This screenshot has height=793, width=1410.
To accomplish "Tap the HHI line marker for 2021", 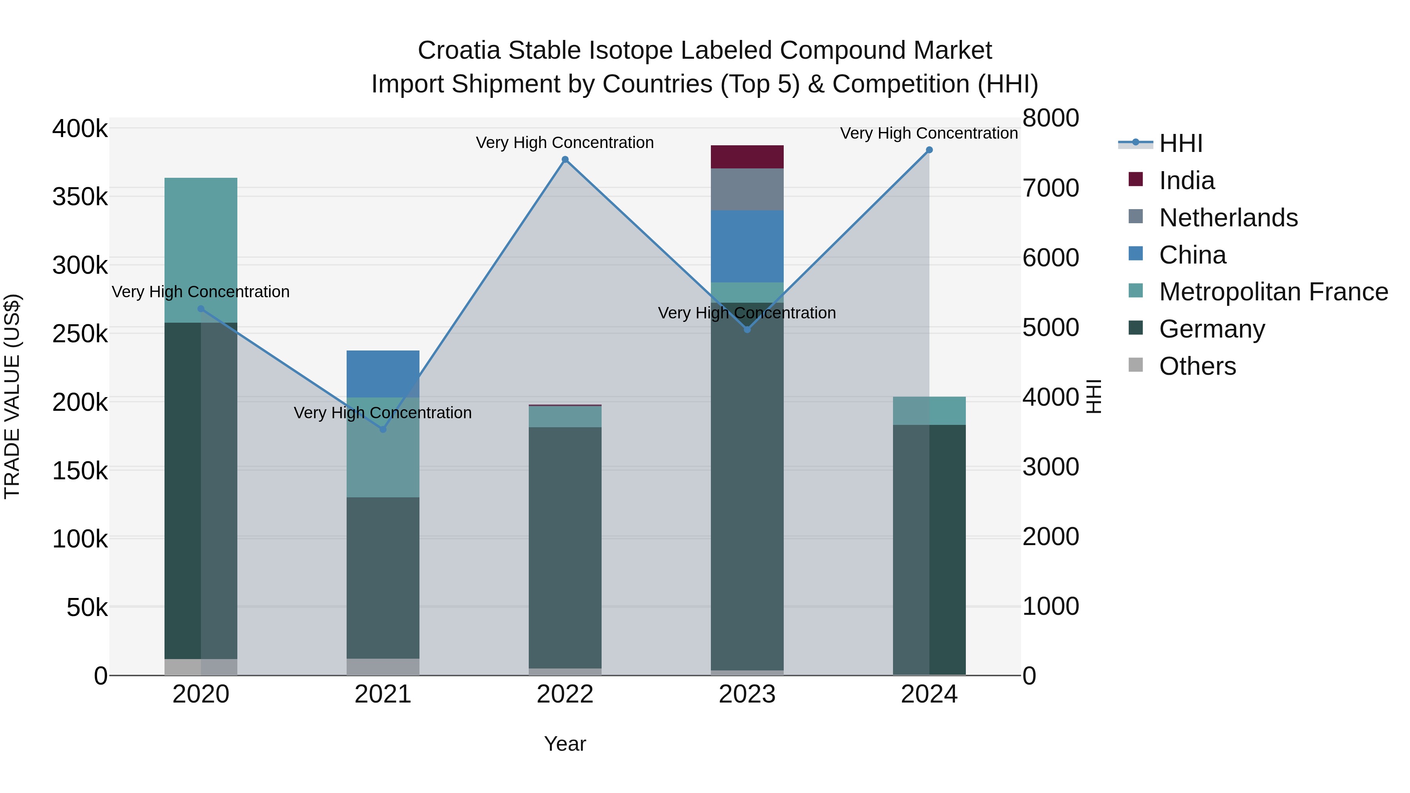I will pos(383,429).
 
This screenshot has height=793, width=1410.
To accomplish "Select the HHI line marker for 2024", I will pos(929,150).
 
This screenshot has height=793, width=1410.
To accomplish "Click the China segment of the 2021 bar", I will pos(383,374).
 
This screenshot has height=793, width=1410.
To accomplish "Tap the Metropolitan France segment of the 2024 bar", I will pos(929,410).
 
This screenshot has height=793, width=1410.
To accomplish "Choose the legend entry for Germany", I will pos(1211,329).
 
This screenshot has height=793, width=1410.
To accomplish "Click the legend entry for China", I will pos(1192,255).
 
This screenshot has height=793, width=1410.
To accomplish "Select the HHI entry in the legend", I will pos(1180,143).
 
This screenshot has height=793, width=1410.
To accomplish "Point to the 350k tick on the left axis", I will pos(80,197).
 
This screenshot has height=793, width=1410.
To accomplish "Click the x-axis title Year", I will pos(565,744).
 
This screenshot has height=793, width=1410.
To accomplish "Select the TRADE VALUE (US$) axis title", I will pos(13,396).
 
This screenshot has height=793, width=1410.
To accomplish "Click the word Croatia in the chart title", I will pos(459,51).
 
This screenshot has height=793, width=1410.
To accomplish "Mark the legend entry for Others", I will pos(1197,366).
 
